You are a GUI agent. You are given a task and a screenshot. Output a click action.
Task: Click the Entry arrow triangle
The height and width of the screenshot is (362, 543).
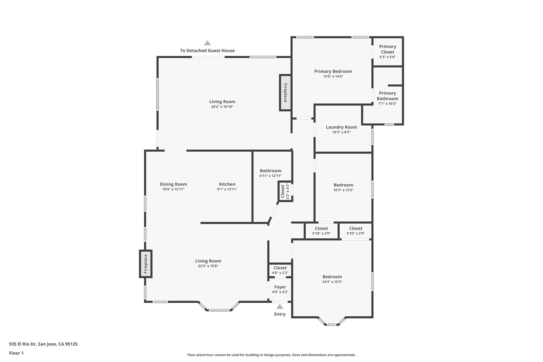click(x=280, y=307)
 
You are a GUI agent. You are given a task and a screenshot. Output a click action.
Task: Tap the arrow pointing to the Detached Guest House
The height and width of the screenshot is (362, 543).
click(x=207, y=43)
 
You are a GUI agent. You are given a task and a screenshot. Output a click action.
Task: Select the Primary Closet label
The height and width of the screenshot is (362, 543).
click(x=387, y=49)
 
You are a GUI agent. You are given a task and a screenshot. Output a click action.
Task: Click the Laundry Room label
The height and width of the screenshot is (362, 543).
click(x=341, y=127)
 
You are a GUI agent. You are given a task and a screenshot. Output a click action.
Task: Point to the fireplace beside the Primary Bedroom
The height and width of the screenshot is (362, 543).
click(x=285, y=93)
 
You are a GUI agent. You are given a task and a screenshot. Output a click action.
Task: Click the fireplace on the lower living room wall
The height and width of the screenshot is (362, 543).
click(x=146, y=264)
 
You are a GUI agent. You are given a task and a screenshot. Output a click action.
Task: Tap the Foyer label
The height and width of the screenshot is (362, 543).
click(x=280, y=287)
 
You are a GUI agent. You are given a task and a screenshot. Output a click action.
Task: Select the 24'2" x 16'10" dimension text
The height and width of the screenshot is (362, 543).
click(x=222, y=107)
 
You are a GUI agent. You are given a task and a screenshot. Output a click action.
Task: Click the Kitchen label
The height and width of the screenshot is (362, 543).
click(x=227, y=184)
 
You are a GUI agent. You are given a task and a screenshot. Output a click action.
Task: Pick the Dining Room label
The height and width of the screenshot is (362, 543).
click(x=173, y=184)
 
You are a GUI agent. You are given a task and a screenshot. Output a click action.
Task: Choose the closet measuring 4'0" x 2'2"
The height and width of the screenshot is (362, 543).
click(x=280, y=270)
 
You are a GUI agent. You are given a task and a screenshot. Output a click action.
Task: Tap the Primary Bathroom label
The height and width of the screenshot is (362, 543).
click(x=387, y=96)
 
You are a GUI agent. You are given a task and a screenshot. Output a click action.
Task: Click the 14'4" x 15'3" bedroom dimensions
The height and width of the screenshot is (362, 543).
click(x=332, y=282)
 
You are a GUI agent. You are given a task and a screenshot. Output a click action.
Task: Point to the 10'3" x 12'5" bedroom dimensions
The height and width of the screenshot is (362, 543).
click(x=343, y=190)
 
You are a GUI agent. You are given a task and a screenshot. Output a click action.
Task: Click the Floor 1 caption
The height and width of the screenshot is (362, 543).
click(x=16, y=353)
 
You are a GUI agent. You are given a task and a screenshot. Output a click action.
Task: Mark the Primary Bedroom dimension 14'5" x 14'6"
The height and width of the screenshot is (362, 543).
click(x=333, y=76)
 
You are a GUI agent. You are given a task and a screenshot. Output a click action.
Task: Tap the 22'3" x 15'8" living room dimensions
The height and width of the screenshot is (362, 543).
click(x=208, y=266)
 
